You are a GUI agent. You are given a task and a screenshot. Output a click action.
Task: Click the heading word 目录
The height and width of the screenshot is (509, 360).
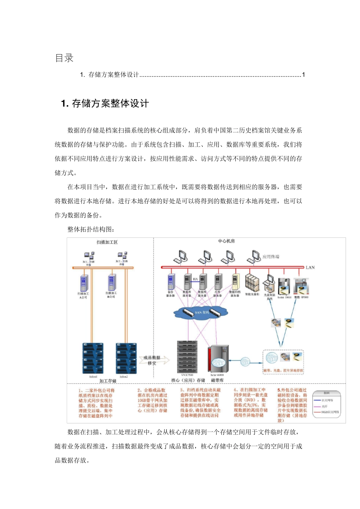[x=64, y=58]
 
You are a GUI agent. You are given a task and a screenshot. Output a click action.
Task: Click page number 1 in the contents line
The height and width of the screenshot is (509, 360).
[x=303, y=75]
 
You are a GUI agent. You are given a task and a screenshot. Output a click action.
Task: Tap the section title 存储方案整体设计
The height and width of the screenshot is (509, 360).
[x=110, y=103]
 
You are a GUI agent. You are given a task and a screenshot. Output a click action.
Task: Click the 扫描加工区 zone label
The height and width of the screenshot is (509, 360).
[x=107, y=242]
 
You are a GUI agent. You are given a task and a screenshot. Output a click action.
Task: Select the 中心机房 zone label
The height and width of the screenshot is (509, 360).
[x=226, y=241]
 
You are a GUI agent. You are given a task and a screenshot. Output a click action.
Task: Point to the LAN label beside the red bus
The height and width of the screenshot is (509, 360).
[x=310, y=267]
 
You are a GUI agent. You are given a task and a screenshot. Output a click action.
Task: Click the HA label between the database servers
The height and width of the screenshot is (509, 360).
[x=195, y=279]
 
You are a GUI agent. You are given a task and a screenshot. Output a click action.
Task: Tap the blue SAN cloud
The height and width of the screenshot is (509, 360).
[x=201, y=312]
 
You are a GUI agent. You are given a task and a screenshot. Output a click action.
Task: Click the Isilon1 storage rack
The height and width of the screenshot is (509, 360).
[x=93, y=358]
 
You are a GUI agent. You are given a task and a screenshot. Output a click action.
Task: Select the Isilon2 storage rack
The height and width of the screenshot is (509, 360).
[x=126, y=358]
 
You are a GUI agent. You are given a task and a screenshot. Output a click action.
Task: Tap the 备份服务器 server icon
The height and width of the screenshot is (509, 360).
[x=171, y=282]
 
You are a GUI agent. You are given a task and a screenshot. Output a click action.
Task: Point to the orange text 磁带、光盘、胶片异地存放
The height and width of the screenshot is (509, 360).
[x=283, y=370]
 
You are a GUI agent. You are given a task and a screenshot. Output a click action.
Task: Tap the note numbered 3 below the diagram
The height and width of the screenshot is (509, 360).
[x=200, y=403]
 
